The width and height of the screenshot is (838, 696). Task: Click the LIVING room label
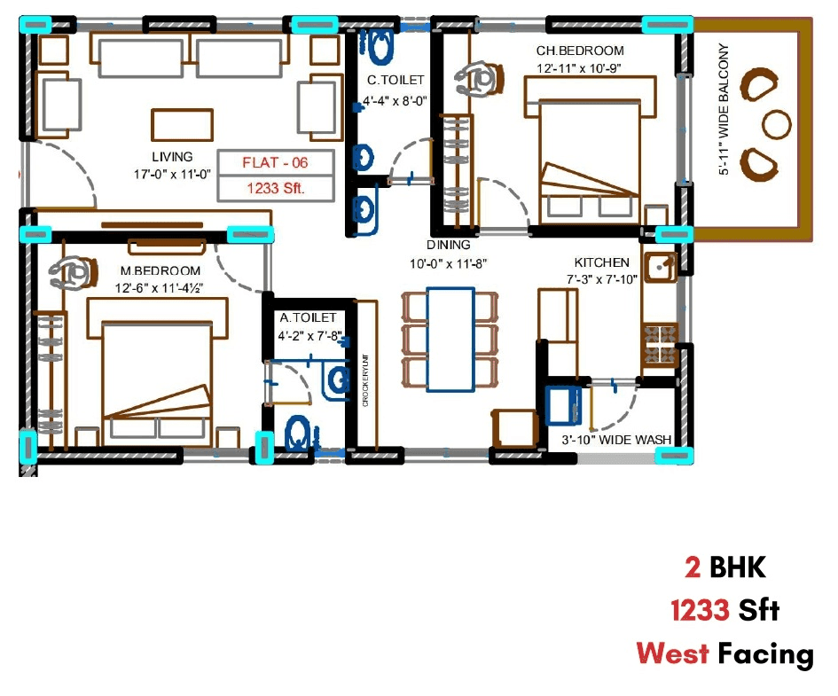click(172, 157)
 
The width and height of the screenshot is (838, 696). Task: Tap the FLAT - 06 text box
click(275, 163)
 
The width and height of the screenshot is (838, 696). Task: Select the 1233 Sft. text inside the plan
click(275, 188)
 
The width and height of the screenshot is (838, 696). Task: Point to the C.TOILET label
click(396, 81)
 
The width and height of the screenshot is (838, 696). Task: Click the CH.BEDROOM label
click(579, 51)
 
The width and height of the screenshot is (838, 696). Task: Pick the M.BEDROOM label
click(161, 270)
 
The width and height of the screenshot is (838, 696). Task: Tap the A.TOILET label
click(308, 317)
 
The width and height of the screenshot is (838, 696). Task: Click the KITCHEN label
click(601, 262)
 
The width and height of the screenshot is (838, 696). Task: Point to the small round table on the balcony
click(777, 124)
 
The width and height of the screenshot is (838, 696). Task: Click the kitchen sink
click(661, 266)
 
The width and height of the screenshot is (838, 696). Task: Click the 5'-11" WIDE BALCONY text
click(724, 110)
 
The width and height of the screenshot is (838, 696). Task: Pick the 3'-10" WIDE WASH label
click(615, 440)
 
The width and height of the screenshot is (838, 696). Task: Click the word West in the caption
click(672, 654)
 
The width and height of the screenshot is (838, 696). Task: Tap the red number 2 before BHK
click(692, 567)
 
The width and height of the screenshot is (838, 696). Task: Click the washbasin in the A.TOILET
click(338, 380)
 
